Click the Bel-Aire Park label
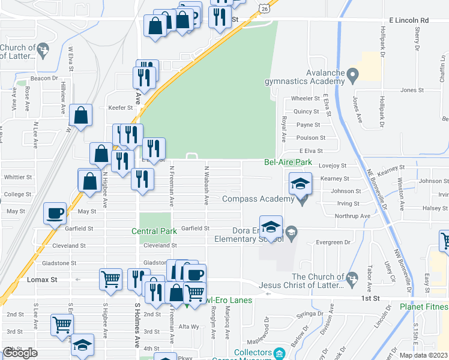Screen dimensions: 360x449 pyautogui.click(x=288, y=163)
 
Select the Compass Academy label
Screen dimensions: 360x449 pyautogui.click(x=259, y=199)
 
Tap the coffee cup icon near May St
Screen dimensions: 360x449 pyautogui.click(x=55, y=213)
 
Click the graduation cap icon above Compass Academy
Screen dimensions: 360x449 pyautogui.click(x=300, y=183)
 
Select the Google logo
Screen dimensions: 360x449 pyautogui.click(x=20, y=353)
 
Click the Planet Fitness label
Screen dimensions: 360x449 pyautogui.click(x=424, y=307)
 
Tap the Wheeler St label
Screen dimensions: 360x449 pyautogui.click(x=306, y=98)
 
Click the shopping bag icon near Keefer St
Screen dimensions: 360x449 pyautogui.click(x=80, y=116)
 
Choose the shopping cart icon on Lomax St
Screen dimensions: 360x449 pyautogui.click(x=110, y=279)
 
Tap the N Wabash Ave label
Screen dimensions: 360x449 pyautogui.click(x=206, y=179)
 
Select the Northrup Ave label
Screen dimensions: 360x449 pyautogui.click(x=352, y=215)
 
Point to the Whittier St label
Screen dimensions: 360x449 pyautogui.click(x=17, y=178)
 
